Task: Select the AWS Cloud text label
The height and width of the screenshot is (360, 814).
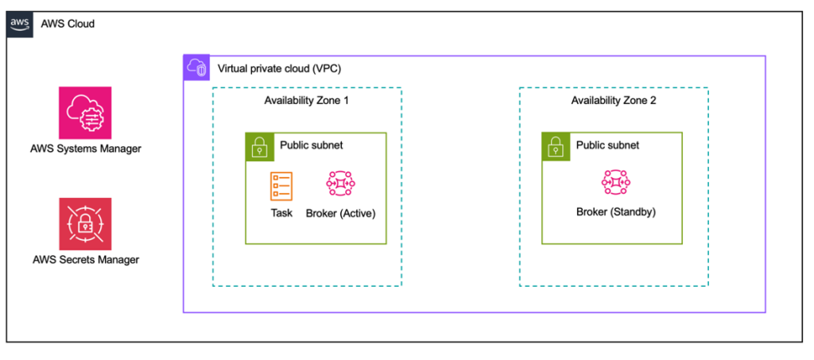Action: tap(68, 24)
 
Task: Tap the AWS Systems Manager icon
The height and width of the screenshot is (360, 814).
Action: tap(85, 113)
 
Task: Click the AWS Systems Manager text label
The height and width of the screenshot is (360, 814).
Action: tap(84, 148)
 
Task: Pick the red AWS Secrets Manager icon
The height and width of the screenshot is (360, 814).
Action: tap(85, 224)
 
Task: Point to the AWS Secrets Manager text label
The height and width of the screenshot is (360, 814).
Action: tap(86, 259)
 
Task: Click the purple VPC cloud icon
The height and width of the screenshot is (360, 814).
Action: tap(196, 68)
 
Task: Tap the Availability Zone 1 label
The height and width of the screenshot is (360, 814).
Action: tap(306, 101)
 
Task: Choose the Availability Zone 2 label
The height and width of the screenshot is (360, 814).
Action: tap(613, 101)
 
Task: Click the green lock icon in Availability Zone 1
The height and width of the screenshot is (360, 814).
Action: tap(258, 146)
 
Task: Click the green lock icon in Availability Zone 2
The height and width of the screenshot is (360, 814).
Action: tap(555, 146)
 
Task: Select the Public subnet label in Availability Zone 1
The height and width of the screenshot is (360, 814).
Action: tap(311, 145)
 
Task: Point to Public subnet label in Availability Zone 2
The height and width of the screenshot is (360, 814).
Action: tap(607, 145)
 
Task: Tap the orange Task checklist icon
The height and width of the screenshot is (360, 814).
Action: tap(281, 184)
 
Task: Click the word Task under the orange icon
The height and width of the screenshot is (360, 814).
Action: tap(281, 213)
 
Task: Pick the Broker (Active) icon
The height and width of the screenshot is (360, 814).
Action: tap(340, 184)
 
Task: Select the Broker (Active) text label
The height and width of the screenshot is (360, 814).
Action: tap(340, 213)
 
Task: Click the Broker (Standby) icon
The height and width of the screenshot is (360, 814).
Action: tap(616, 184)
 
